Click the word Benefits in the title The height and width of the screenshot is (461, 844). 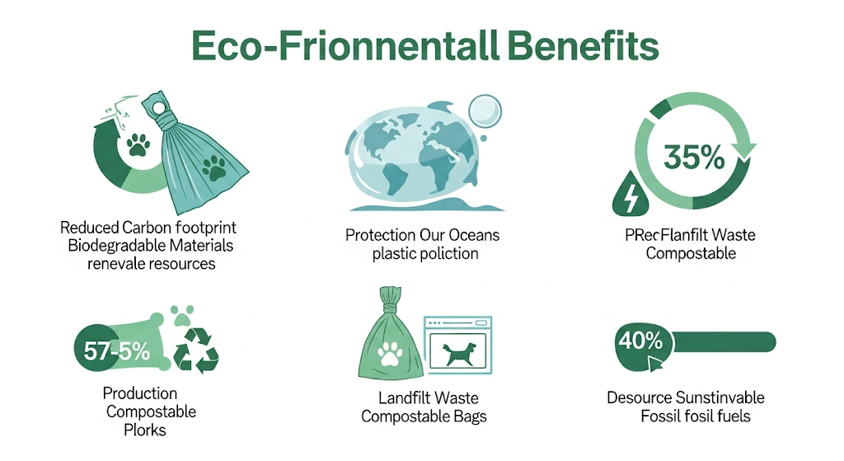583,46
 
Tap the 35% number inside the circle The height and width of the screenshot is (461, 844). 694,158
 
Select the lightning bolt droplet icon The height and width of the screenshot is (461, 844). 631,194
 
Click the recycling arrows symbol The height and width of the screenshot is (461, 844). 195,350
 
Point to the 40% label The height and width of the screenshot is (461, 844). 640,341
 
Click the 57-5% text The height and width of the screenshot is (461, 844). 117,351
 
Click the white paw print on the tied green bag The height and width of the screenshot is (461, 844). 390,354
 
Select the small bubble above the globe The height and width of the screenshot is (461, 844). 485,111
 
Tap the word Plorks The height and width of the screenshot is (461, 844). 145,430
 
